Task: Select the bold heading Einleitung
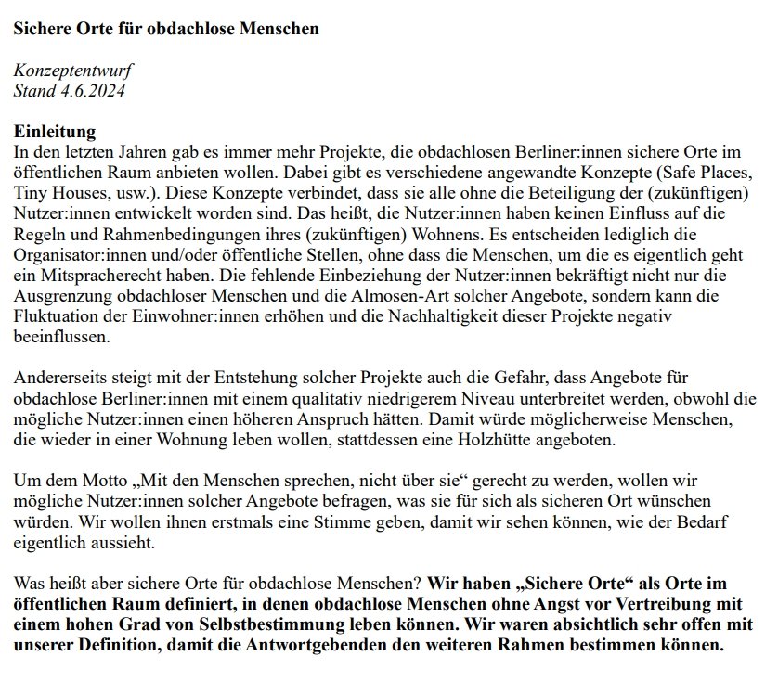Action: [54, 132]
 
